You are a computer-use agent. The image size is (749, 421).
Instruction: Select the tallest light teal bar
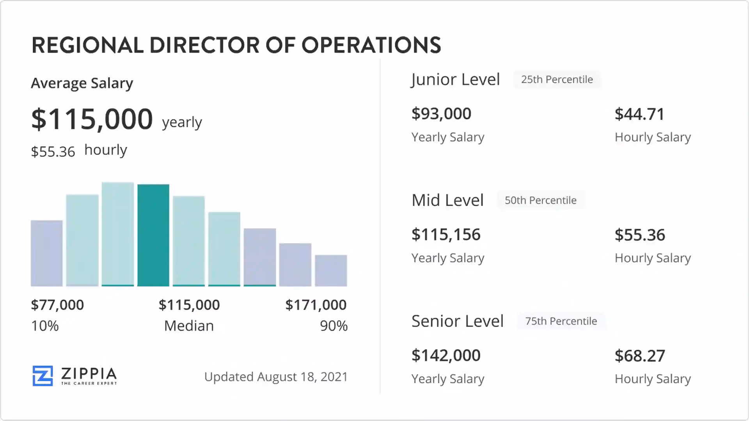(117, 234)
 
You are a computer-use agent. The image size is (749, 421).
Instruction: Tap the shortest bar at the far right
(331, 271)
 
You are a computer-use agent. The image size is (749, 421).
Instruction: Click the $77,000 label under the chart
(57, 305)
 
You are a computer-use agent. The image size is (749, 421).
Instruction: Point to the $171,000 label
(316, 305)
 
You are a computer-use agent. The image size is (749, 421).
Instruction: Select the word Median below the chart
(189, 326)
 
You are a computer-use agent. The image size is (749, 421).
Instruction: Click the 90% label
(334, 326)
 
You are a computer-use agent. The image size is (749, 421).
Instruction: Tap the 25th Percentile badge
(557, 80)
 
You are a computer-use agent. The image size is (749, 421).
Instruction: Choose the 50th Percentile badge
(540, 200)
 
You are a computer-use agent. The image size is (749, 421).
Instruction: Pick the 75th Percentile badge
(561, 321)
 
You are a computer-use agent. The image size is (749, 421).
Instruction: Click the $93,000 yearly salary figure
(441, 114)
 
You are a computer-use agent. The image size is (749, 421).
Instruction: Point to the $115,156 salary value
(446, 235)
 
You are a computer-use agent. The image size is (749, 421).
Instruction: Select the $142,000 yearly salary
(446, 356)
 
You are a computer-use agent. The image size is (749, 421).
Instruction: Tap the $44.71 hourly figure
(639, 114)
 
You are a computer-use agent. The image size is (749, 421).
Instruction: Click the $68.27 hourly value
(640, 356)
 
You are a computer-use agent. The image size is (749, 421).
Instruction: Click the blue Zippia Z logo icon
(43, 376)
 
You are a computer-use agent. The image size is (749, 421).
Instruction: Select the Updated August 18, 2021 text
(276, 377)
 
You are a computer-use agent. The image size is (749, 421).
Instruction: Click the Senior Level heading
(457, 321)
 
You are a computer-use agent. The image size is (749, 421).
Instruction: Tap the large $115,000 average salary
(92, 119)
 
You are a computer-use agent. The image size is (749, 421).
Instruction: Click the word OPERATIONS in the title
(371, 45)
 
